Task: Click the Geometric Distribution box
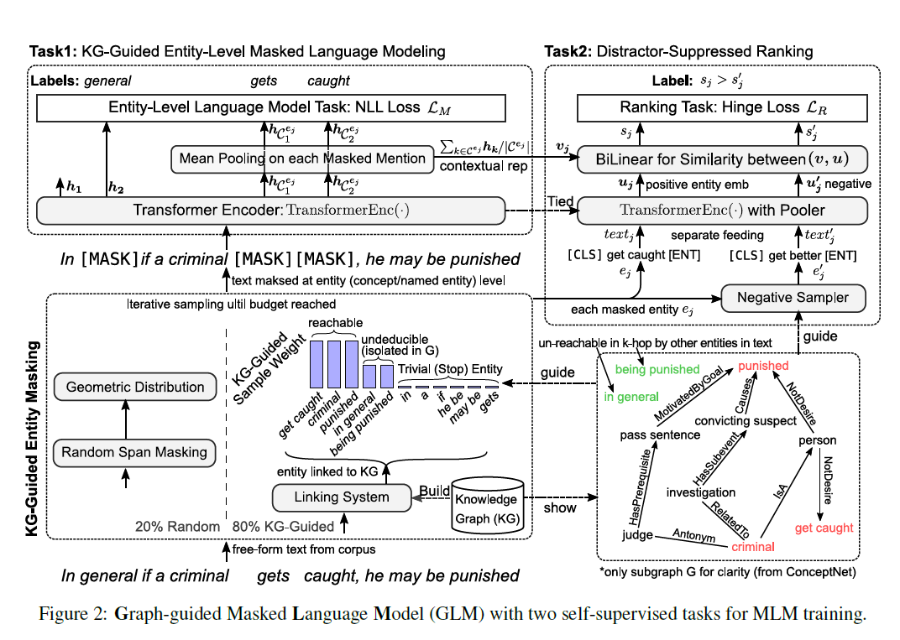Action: (134, 388)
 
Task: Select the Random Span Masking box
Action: (134, 452)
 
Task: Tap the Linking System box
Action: (341, 497)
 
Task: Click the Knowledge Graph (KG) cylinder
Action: (486, 507)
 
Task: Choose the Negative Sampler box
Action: (793, 297)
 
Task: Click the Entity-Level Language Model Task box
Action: (271, 107)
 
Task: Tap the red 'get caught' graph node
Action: (824, 528)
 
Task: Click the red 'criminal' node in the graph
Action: (751, 547)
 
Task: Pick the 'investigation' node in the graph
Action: (700, 492)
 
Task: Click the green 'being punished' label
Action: (657, 369)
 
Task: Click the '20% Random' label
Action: (177, 527)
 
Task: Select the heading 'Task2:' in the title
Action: (568, 52)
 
